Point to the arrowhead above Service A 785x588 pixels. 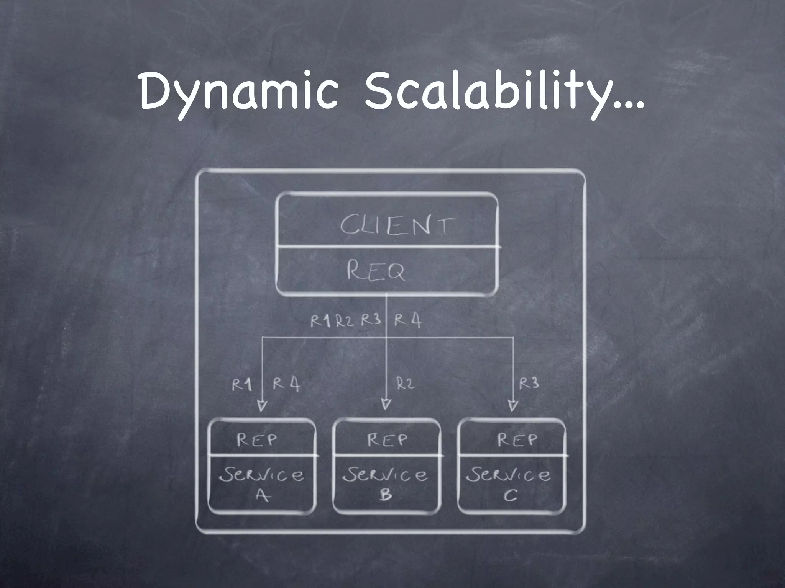point(262,405)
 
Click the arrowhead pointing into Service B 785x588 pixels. point(386,404)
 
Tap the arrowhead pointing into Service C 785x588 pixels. point(513,405)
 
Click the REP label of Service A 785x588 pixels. point(256,440)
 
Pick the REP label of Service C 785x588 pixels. point(517,440)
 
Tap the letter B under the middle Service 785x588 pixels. point(386,495)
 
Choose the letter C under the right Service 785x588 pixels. point(510,496)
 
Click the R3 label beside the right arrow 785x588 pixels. point(529,383)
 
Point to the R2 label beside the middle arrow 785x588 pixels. point(405,383)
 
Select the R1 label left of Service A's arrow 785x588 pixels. point(242,385)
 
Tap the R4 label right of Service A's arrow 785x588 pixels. point(286,384)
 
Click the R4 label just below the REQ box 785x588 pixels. point(408,320)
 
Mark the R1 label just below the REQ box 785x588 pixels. point(320,321)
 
